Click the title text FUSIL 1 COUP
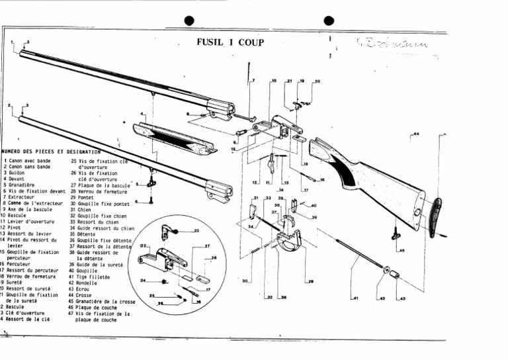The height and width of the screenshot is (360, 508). click(230, 43)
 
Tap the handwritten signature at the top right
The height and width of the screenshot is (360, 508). click(396, 46)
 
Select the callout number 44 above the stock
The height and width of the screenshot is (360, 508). click(415, 134)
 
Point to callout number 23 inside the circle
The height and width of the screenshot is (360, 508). click(196, 230)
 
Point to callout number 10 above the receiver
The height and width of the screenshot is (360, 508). click(273, 81)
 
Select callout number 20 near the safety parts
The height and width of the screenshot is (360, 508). click(316, 81)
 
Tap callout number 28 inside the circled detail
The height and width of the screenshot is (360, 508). click(214, 258)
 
